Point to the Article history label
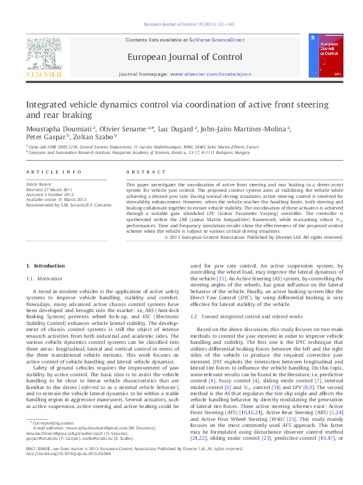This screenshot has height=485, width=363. point(40,184)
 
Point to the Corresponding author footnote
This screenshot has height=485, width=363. point(50,439)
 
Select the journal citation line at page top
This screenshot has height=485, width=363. point(189,24)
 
